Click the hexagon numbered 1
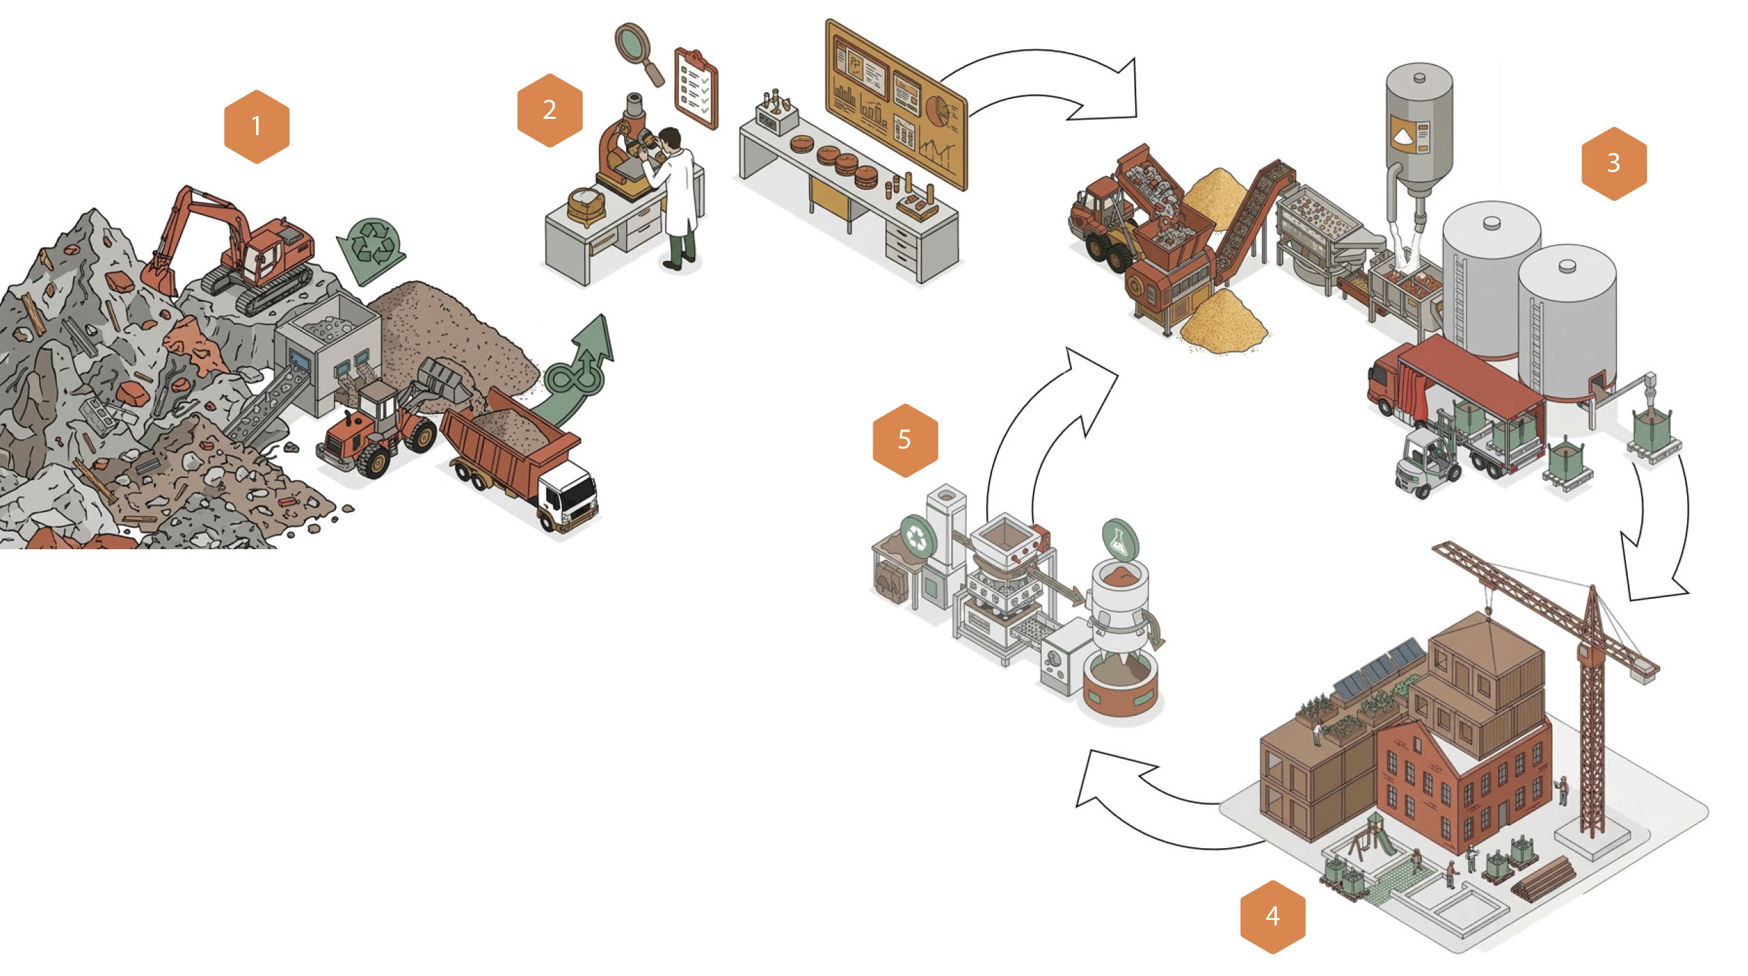[256, 126]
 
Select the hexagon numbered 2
[550, 110]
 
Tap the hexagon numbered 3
[1613, 163]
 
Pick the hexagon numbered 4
[1272, 916]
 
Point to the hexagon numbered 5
[905, 439]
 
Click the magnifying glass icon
[638, 51]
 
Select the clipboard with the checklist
[696, 87]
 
